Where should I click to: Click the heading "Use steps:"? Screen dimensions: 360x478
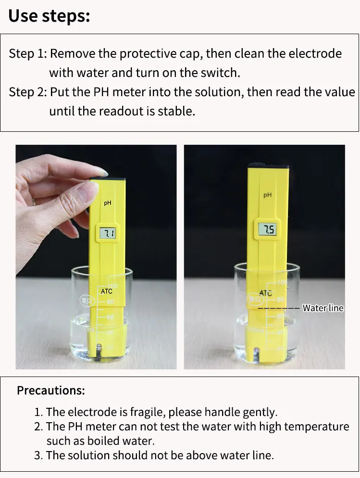pos(49,16)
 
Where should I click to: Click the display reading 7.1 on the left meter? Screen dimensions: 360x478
pos(108,234)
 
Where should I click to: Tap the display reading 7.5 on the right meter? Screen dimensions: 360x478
pos(267,229)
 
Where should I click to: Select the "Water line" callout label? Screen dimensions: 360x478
pos(323,308)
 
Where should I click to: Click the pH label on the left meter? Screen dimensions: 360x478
pos(108,203)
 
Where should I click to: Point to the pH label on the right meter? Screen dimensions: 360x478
pos(267,195)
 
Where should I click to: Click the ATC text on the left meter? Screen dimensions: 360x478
pos(107,291)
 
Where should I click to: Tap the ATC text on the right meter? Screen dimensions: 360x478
pos(266,293)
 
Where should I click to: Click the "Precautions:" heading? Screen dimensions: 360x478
pos(51,390)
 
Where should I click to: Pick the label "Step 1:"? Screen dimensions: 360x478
pos(28,54)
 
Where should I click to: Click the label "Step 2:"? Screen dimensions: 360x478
pos(28,92)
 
